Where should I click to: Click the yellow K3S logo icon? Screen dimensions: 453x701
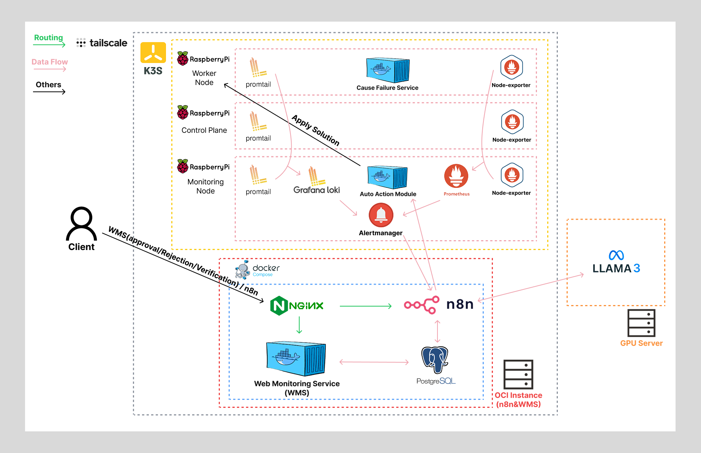pos(153,53)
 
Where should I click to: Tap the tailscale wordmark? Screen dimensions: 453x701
pos(108,43)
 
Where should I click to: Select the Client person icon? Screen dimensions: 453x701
pos(82,223)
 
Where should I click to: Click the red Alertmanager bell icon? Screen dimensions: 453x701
pos(381,215)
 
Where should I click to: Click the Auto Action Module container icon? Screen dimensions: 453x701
pos(387,177)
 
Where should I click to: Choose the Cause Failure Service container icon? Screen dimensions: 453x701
pos(388,70)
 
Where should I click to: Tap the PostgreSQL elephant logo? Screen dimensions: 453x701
pos(435,359)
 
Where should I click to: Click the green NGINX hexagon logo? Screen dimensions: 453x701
pos(279,306)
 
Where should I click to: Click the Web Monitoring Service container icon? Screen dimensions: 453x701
pos(296,359)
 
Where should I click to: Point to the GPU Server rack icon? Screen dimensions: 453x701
pos(641,323)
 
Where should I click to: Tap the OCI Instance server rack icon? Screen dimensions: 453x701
pos(518,374)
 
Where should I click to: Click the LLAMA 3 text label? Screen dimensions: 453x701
pos(616,268)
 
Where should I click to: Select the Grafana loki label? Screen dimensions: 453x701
pos(317,190)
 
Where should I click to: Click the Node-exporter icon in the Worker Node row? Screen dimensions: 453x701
pos(512,67)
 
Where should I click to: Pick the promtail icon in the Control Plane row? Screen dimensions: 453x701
pos(258,121)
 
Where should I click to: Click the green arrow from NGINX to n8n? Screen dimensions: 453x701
pos(365,306)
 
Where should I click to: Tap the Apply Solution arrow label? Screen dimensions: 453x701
pos(316,130)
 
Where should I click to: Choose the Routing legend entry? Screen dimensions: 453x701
pos(49,38)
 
